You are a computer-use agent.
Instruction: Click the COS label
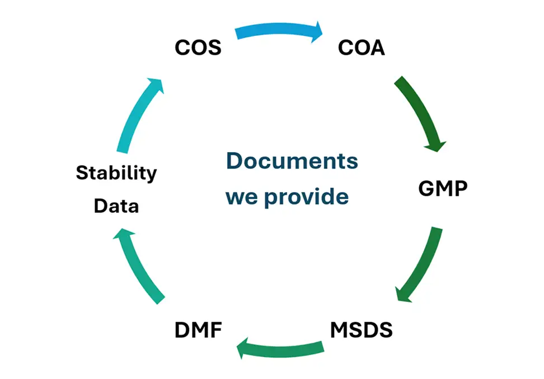tap(198, 48)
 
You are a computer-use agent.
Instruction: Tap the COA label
tap(362, 48)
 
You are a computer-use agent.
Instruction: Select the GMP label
tap(443, 188)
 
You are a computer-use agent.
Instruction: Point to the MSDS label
tap(361, 330)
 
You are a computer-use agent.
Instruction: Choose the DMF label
tap(198, 330)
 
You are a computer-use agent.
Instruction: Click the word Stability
tap(116, 173)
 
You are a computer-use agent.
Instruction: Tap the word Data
tap(116, 206)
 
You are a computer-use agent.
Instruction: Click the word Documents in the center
tap(292, 161)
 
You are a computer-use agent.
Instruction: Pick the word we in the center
tap(242, 197)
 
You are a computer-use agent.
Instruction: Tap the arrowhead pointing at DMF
tap(243, 349)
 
